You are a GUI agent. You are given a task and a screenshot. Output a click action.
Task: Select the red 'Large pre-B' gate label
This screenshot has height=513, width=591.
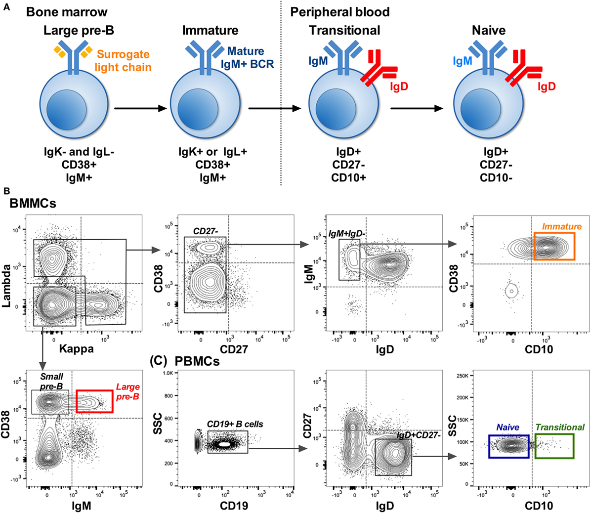pos(127,392)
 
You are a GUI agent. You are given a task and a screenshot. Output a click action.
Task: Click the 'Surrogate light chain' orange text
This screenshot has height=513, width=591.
pos(123,61)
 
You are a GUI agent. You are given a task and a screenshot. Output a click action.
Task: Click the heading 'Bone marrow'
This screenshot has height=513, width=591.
pos(67,12)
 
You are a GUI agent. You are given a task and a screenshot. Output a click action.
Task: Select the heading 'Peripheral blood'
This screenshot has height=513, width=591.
pos(340,12)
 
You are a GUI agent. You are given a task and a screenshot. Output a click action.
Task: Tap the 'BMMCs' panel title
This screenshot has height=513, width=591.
pos(34,203)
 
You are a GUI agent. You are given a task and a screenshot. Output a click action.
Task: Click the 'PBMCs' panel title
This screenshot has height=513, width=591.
pos(197,361)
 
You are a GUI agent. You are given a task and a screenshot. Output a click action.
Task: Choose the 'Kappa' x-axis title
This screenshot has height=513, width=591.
pos(76,349)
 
